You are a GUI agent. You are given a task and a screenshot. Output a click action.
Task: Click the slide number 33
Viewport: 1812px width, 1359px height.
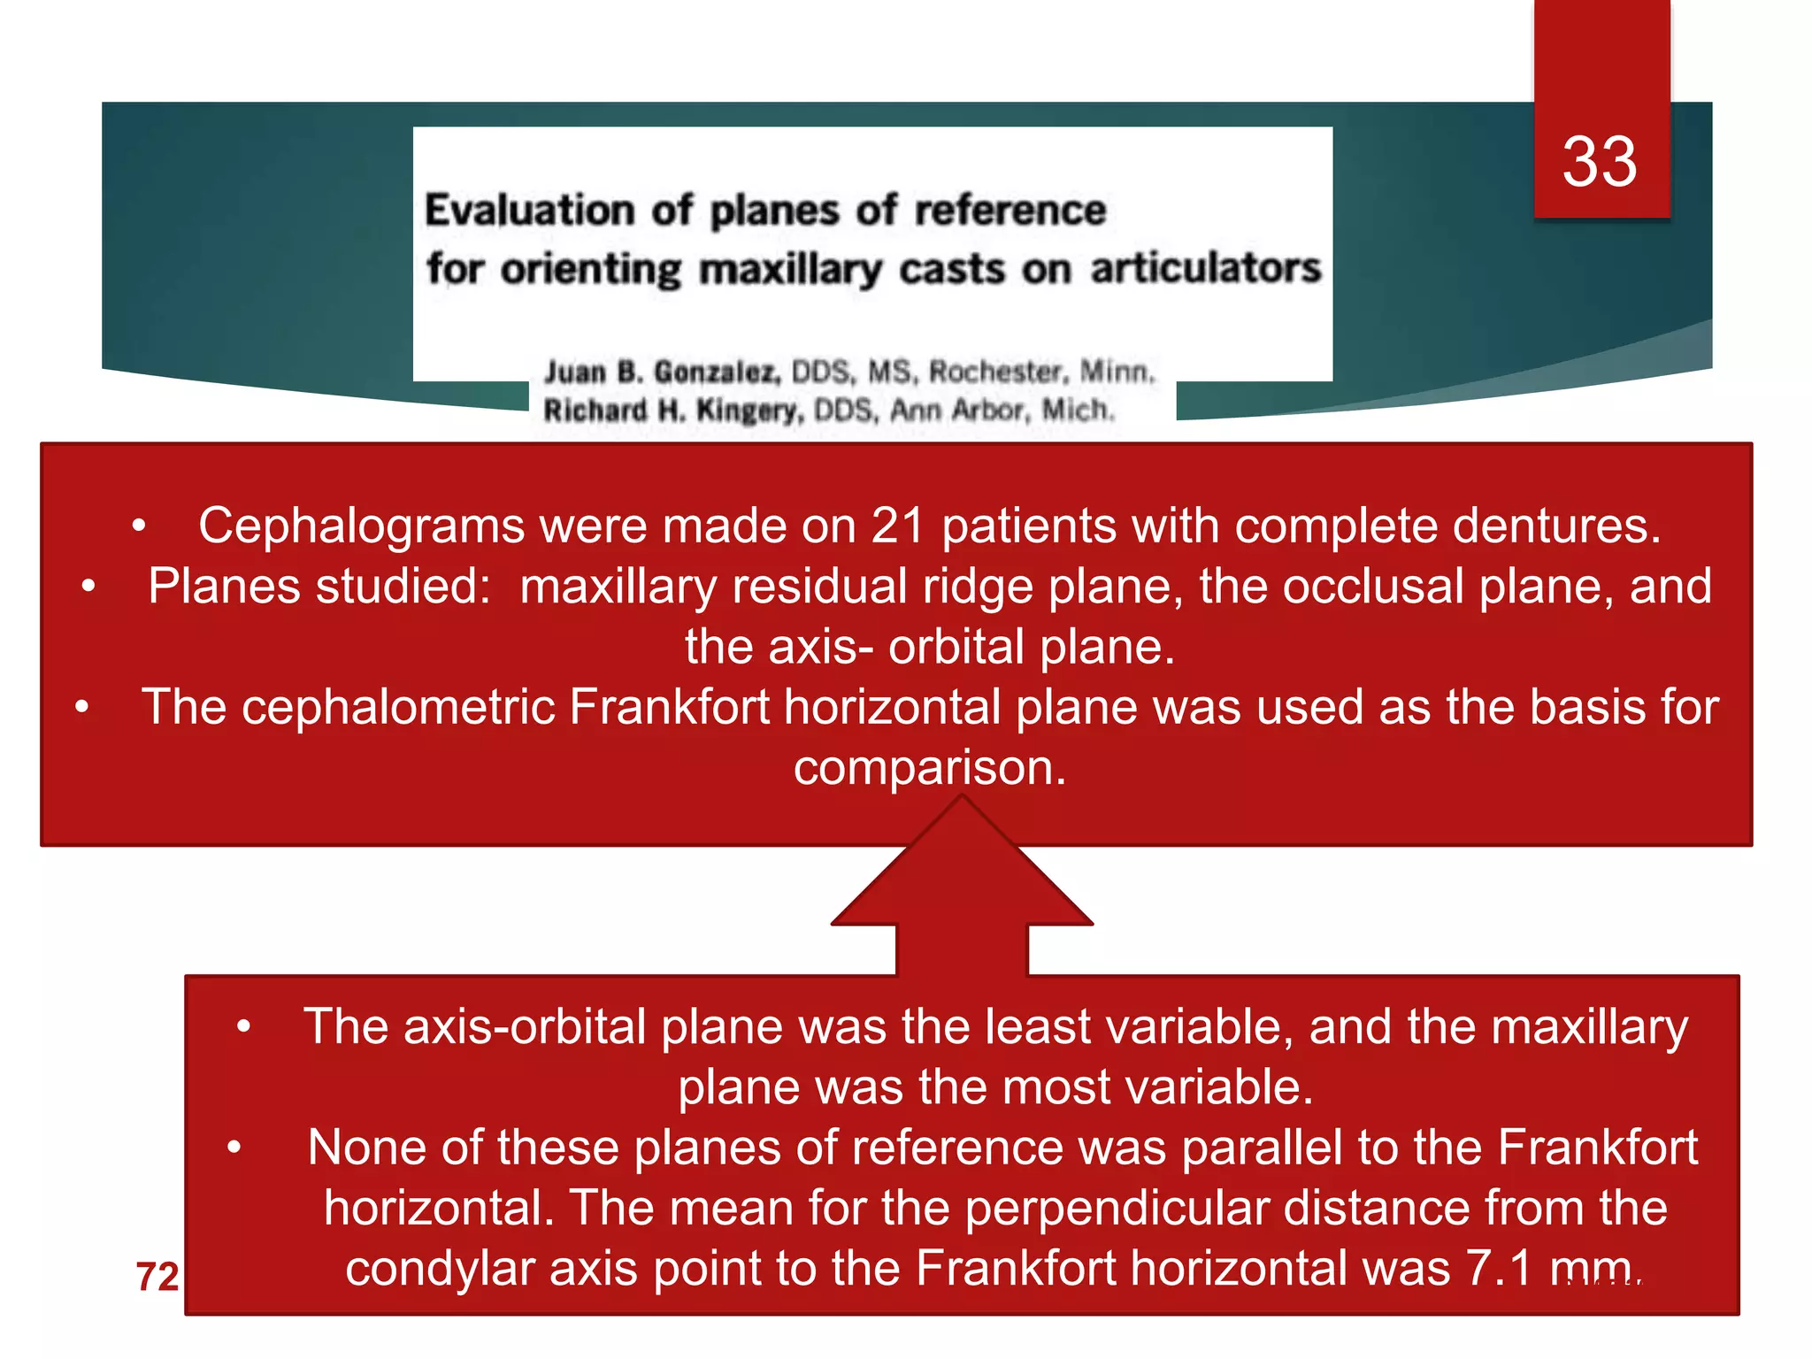tap(1599, 162)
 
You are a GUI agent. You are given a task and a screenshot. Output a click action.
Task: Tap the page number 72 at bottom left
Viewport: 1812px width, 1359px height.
tap(157, 1276)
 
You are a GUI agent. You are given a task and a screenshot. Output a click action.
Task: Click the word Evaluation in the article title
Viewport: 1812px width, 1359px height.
tap(529, 211)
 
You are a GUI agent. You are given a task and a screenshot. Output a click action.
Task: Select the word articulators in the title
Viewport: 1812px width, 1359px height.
tap(1205, 268)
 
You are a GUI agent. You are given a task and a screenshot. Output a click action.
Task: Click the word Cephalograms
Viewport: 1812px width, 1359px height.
tap(361, 526)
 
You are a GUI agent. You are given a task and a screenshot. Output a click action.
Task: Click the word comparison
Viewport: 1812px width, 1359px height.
tap(928, 767)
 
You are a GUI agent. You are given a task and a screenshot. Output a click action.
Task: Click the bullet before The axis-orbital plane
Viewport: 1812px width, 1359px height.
tap(244, 1027)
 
